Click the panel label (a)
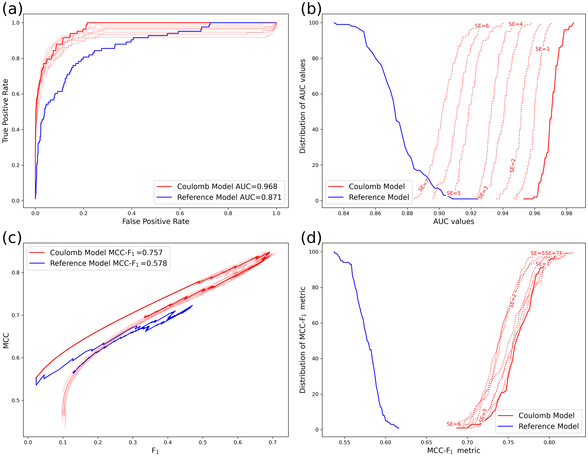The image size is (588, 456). click(12, 9)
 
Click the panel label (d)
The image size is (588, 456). click(311, 238)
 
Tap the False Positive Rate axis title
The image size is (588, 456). click(156, 222)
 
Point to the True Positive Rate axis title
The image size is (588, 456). click(5, 111)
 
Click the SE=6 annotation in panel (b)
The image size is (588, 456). click(482, 26)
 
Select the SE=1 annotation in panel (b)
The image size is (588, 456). click(542, 49)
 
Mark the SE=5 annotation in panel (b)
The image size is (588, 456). click(453, 193)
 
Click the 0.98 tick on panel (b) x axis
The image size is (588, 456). click(566, 213)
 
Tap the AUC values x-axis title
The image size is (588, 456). click(453, 222)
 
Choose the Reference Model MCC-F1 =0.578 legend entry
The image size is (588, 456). click(108, 263)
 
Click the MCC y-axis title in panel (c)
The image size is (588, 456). click(6, 341)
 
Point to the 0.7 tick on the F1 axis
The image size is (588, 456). click(273, 443)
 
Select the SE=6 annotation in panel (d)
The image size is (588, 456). click(453, 424)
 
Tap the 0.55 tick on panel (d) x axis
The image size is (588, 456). click(344, 443)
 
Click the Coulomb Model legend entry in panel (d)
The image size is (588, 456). click(546, 416)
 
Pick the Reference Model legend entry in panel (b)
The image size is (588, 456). click(379, 197)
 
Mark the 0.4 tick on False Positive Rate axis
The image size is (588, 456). click(132, 213)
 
